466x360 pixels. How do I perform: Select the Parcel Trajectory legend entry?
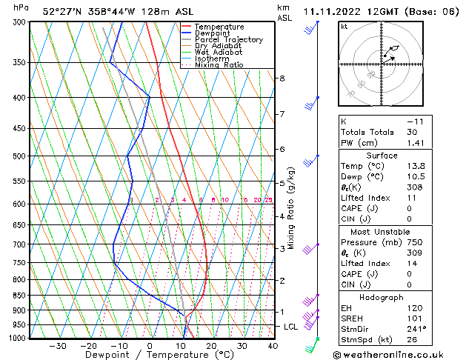tap(228, 40)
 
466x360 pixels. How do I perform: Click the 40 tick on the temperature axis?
tap(273, 346)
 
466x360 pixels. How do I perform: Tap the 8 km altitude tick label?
tap(282, 79)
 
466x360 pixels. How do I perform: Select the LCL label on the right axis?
tap(291, 327)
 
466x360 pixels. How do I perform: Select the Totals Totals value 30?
tap(413, 132)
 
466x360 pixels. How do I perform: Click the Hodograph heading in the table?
tap(382, 297)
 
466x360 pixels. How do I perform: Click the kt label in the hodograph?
tap(344, 27)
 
